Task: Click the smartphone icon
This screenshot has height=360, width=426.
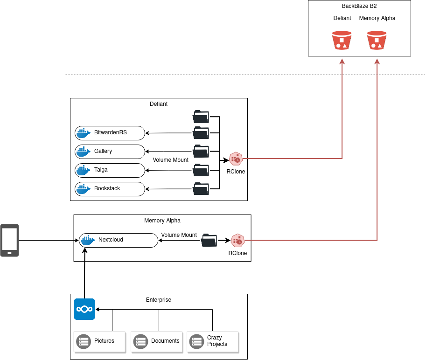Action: pos(9,240)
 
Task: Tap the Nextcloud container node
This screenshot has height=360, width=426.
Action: pos(119,240)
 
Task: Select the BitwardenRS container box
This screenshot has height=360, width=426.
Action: pos(110,133)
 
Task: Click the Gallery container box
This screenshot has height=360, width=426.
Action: pos(110,152)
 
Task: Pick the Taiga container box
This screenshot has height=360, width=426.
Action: pos(110,171)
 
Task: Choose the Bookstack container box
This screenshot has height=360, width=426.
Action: pos(110,189)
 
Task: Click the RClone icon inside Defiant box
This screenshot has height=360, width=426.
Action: pos(236,159)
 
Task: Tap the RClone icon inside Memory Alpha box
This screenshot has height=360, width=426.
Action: pos(237,241)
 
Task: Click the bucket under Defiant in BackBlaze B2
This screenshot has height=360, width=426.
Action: pos(342,40)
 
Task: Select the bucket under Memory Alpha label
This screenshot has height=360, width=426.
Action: pos(377,40)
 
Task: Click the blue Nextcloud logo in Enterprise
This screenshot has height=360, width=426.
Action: pos(84,309)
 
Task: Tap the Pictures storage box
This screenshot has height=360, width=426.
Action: pos(100,342)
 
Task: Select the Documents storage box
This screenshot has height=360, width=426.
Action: pos(157,342)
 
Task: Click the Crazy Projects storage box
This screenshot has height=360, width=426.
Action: pos(213,342)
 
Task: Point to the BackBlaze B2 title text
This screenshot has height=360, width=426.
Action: pos(359,6)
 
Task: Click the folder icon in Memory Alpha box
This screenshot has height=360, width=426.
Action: pos(209,240)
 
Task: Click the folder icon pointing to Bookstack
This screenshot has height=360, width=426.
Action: pos(201,189)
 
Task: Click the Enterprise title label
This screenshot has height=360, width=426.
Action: pos(159,300)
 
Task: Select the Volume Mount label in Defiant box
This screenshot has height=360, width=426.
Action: pos(171,160)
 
